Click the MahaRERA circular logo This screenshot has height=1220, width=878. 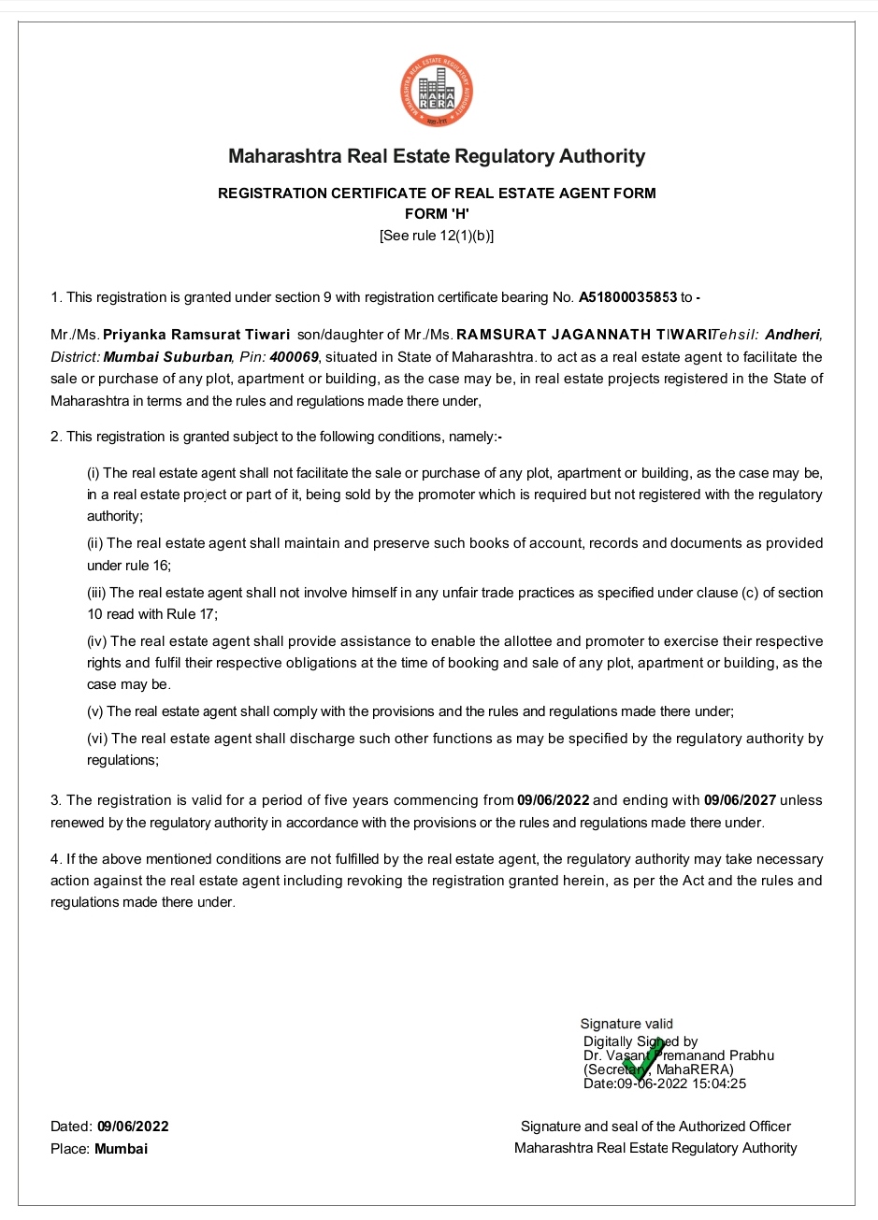(437, 91)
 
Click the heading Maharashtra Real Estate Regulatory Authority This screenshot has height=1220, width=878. (437, 156)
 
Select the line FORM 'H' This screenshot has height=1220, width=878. (437, 214)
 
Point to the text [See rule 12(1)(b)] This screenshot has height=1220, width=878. (437, 236)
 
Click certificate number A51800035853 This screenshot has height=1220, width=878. (627, 297)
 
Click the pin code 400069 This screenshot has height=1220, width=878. (295, 356)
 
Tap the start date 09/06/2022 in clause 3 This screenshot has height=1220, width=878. (554, 800)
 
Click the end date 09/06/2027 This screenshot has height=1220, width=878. (740, 800)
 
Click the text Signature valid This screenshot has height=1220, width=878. (626, 1024)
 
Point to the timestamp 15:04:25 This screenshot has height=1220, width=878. (718, 1084)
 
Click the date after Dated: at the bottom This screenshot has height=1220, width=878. (133, 1127)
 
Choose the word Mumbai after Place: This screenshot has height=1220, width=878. (121, 1148)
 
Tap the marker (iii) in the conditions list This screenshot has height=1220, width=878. (97, 593)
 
